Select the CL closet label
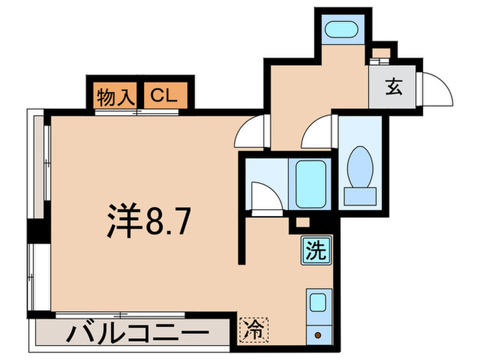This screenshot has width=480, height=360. click(x=165, y=96)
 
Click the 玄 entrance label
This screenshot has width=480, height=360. click(x=393, y=88)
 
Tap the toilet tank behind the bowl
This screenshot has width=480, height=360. click(x=360, y=195)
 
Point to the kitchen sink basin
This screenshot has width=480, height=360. click(x=317, y=302)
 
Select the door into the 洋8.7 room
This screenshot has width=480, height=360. click(x=250, y=130)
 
